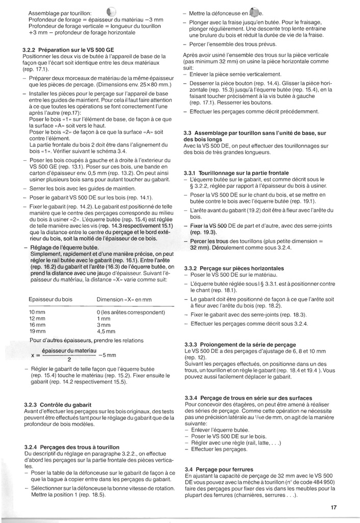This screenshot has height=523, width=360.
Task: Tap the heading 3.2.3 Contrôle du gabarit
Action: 58,405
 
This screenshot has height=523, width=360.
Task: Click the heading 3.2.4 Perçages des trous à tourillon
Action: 72,447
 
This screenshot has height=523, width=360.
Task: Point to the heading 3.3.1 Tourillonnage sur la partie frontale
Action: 236,173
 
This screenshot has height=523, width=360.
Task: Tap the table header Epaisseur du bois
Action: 51,299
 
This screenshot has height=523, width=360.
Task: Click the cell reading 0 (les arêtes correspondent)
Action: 128,312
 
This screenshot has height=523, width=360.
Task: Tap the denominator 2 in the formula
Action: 68,359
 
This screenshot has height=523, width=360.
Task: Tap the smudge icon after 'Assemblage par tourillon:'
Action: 112,12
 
